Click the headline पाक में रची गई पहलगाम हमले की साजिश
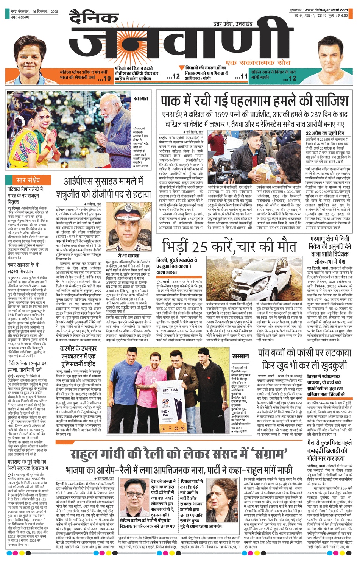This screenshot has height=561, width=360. tap(254, 101)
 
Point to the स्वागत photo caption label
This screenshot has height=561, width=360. tap(141, 98)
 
